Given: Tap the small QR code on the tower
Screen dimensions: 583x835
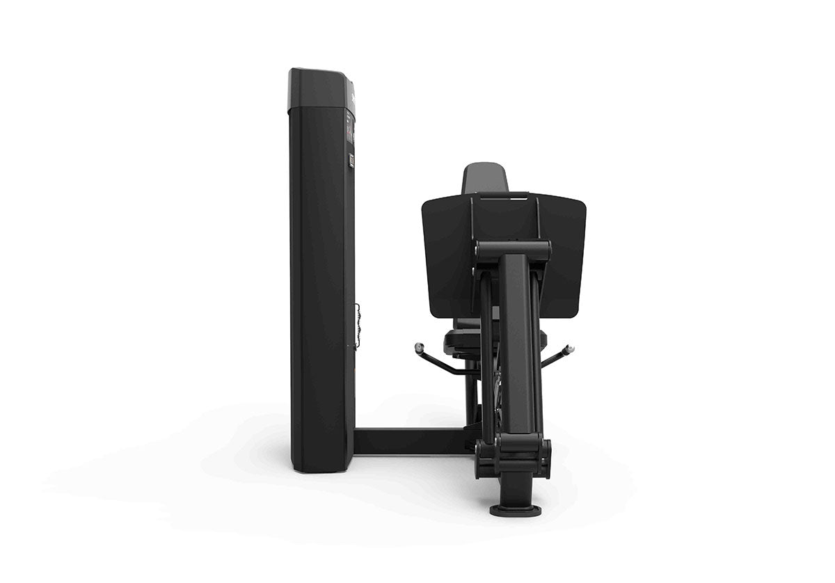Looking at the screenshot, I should coord(351,161).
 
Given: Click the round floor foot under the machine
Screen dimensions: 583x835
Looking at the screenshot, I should coord(516,511).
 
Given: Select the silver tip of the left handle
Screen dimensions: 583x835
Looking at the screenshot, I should coord(419,346).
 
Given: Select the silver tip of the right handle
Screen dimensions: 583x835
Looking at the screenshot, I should coord(569,348).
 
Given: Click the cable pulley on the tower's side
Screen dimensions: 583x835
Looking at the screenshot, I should coord(358,326).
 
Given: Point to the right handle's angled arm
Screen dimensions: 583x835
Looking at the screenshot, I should coord(554,358).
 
